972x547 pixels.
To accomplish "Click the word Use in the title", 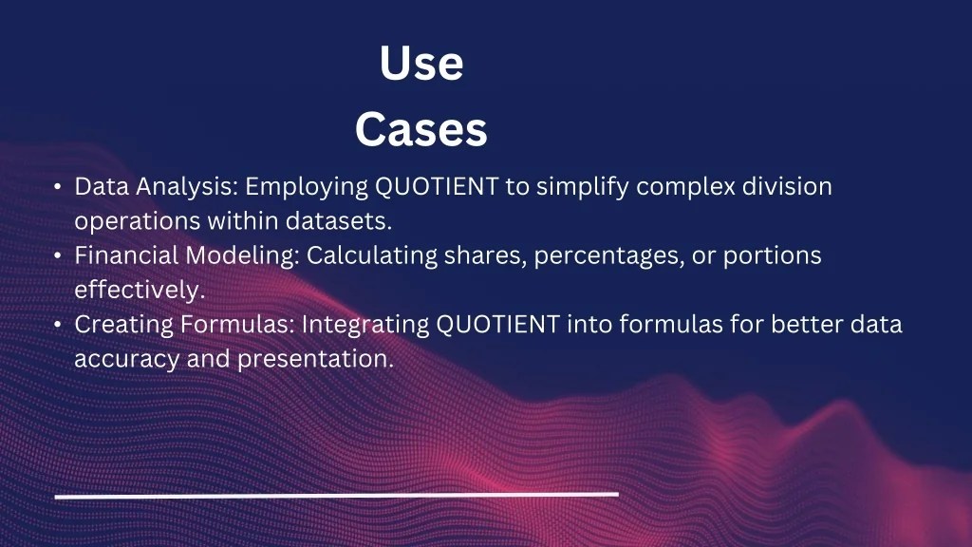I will (421, 65).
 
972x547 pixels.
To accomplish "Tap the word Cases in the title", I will (421, 130).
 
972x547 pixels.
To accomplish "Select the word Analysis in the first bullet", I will (186, 187).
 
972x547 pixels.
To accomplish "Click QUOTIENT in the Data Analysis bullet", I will (437, 187).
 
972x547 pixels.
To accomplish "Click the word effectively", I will (140, 291).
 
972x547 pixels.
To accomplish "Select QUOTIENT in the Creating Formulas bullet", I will (497, 325).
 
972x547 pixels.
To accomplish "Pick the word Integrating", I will (365, 325).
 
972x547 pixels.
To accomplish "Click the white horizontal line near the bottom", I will (337, 495).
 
